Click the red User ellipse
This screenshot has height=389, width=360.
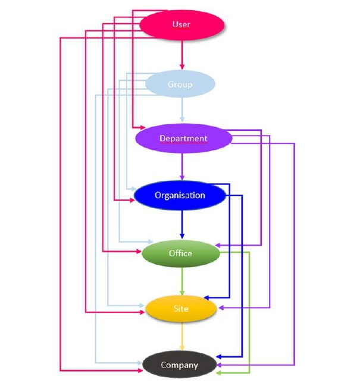tap(181, 24)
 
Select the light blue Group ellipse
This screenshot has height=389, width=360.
tap(180, 84)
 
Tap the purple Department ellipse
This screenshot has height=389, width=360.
tap(183, 139)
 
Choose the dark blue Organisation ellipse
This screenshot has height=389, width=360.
tap(180, 195)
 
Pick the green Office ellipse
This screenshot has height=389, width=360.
tap(180, 253)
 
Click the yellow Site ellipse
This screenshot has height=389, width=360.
tap(180, 309)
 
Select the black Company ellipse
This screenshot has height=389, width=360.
tap(179, 365)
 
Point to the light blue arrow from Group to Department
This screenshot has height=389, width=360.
tap(182, 111)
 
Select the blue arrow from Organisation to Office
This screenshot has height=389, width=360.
tap(182, 225)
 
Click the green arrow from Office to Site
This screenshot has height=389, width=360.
tap(181, 281)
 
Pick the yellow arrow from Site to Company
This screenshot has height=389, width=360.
tap(181, 337)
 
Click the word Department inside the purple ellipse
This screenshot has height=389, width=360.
tap(183, 139)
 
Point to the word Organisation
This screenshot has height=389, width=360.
tap(180, 195)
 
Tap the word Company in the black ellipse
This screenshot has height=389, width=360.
tap(179, 365)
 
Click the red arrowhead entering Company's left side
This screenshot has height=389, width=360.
tap(141, 370)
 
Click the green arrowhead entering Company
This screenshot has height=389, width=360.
tap(218, 372)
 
